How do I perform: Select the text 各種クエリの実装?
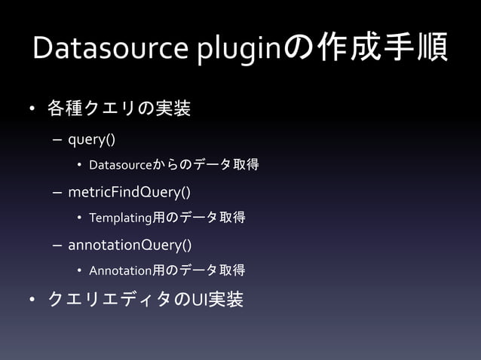pyautogui.click(x=118, y=111)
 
